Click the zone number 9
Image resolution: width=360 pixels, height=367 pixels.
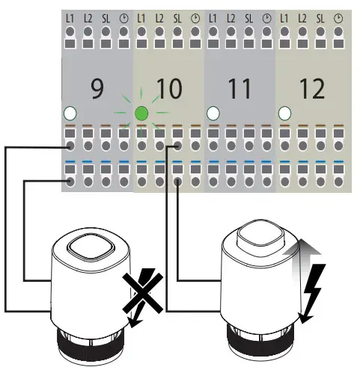97,90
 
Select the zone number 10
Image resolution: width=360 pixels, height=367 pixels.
169,90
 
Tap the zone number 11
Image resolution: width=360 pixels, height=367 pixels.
240,90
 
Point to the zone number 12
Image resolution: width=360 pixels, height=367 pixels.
311,90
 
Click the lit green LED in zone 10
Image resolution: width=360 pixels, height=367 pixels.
141,114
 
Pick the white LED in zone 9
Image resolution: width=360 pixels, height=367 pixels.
70,114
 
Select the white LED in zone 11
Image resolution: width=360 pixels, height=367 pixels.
213,114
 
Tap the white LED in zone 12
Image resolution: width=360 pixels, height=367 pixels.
284,114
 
